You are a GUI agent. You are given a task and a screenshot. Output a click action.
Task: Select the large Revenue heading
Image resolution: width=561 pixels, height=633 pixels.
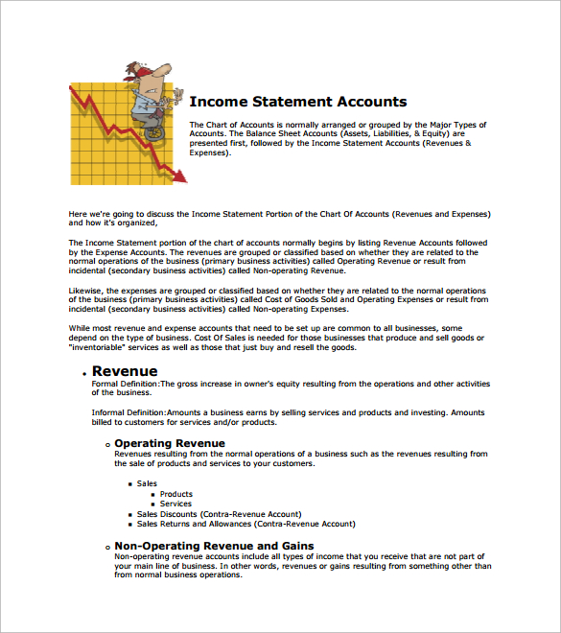[125, 371]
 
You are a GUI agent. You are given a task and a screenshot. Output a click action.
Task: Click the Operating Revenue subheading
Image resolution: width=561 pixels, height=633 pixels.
[169, 443]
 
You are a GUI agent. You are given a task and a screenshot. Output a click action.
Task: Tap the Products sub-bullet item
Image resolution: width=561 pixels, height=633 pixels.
[176, 494]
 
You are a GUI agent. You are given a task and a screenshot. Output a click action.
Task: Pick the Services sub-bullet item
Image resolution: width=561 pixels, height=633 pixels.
[175, 504]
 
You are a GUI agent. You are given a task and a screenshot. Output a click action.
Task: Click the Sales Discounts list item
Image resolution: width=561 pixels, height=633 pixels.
[219, 514]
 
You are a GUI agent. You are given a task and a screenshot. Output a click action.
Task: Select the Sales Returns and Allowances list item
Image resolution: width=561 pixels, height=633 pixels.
[245, 524]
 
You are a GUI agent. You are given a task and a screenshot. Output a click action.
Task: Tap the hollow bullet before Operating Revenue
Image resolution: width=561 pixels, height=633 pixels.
[106, 444]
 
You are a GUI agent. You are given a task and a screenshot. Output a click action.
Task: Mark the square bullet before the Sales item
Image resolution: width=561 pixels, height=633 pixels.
[129, 483]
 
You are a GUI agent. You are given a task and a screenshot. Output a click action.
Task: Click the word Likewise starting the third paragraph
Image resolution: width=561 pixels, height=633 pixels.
[86, 290]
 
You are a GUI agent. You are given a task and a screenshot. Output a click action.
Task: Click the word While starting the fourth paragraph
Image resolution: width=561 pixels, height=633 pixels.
[80, 329]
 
